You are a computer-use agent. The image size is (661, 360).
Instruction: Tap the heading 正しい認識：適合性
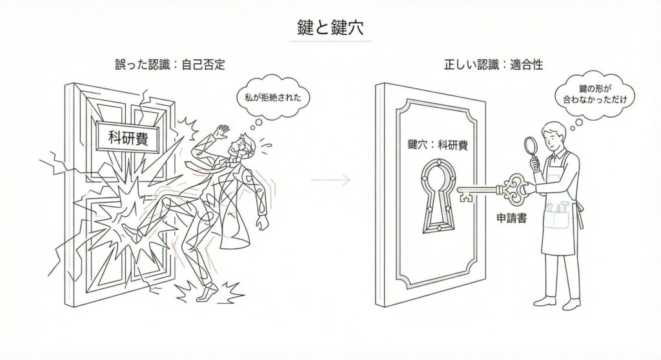[x=489, y=65]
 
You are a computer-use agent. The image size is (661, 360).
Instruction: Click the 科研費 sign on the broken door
[x=127, y=137]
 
